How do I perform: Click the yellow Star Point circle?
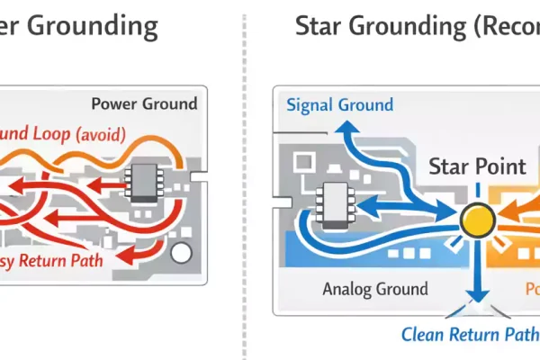(x=477, y=219)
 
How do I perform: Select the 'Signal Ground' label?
(x=339, y=104)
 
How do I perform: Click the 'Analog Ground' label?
(x=375, y=290)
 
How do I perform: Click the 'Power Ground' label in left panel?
(x=144, y=103)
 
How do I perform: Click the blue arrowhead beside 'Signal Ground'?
(x=342, y=132)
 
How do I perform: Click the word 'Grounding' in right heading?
(x=417, y=26)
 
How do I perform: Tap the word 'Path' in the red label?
(x=100, y=263)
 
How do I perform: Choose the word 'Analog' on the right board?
(x=348, y=290)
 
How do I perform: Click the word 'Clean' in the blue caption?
(x=423, y=335)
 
